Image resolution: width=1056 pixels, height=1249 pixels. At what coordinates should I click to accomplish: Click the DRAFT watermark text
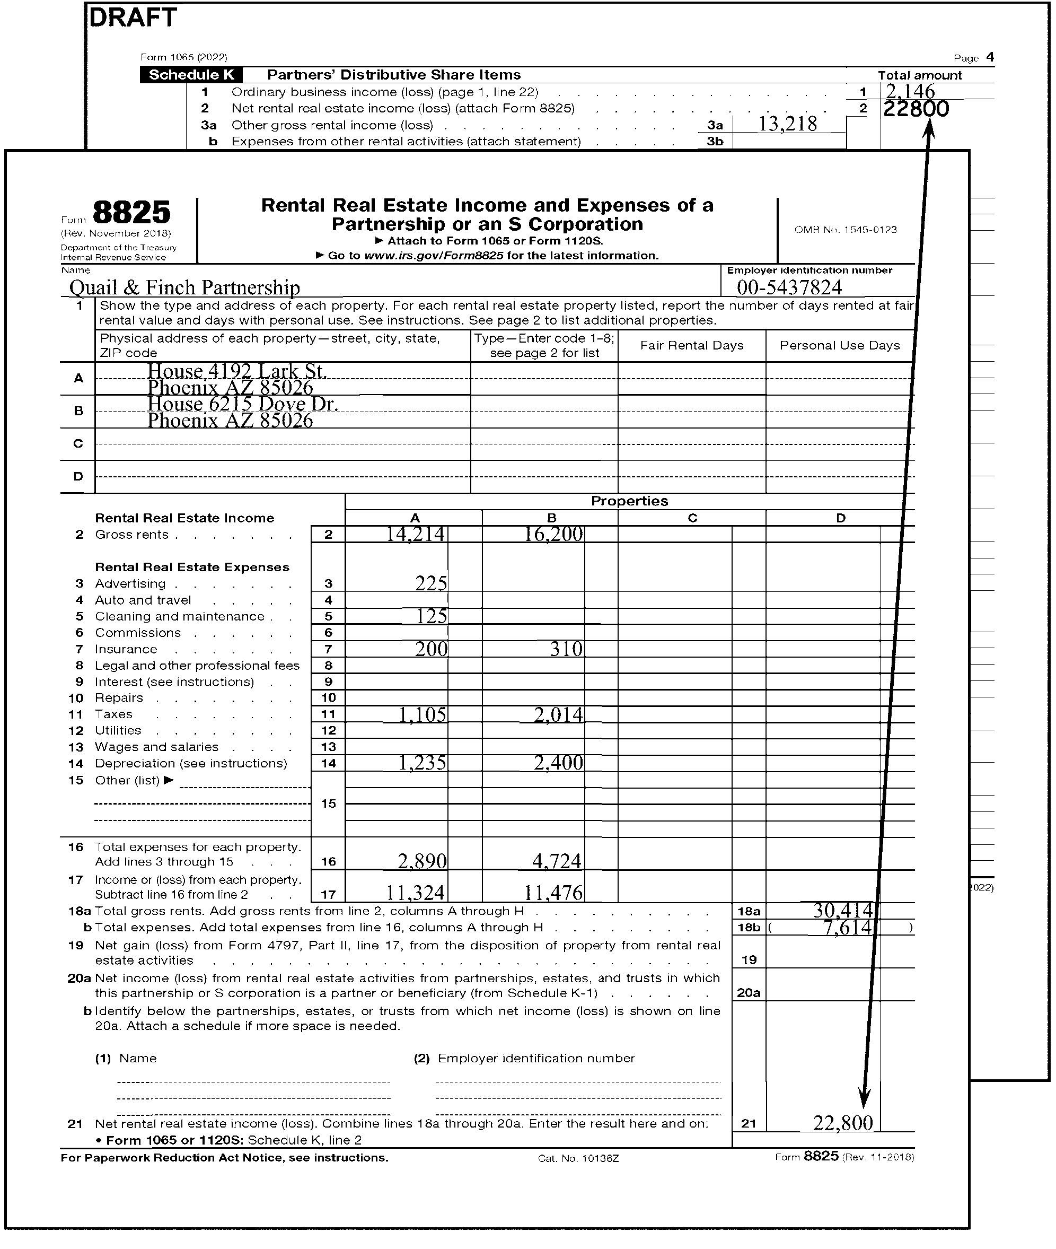(133, 18)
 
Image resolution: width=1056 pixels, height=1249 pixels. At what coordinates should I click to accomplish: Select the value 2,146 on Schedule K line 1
(910, 92)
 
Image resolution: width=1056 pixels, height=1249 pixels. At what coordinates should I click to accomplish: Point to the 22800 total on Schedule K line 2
(916, 109)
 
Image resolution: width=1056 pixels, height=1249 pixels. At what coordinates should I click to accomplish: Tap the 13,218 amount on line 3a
(787, 124)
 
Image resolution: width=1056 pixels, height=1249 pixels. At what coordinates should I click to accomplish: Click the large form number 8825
(131, 213)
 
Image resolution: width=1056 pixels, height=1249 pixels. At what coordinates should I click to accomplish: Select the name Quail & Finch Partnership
(184, 287)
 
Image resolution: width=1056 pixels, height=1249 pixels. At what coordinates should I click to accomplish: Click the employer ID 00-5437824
(789, 287)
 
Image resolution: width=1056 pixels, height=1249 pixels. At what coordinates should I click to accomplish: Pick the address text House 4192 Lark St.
(237, 371)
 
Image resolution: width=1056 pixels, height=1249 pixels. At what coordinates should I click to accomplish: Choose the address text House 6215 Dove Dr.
(242, 404)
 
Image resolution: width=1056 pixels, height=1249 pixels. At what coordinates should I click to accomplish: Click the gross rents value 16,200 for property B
(553, 534)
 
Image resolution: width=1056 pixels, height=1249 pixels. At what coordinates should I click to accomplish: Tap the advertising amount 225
(431, 583)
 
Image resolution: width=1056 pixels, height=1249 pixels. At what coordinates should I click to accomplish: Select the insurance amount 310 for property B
(566, 649)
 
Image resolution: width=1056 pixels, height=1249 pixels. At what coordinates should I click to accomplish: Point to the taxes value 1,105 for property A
(423, 714)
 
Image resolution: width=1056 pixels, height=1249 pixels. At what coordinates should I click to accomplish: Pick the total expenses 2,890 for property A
(422, 861)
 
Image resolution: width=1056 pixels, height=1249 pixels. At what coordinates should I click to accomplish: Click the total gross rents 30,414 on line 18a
(843, 911)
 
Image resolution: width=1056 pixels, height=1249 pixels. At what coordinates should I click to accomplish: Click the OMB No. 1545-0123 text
(846, 230)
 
